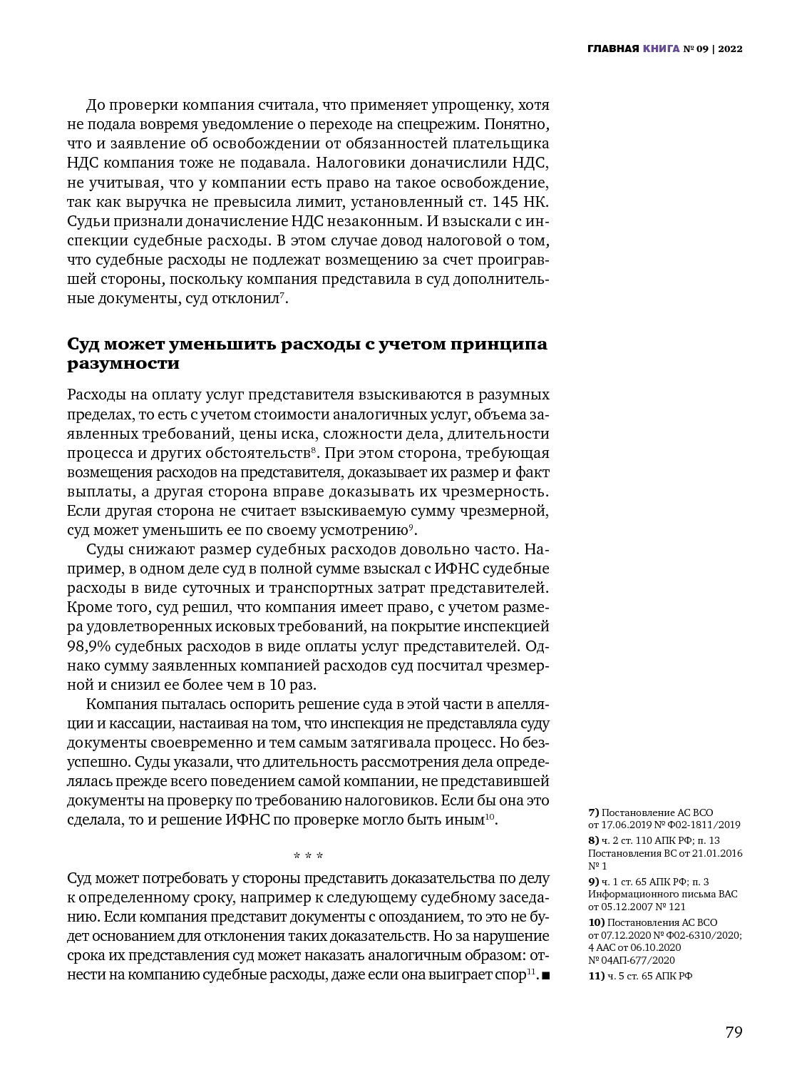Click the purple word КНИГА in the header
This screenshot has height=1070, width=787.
(x=661, y=49)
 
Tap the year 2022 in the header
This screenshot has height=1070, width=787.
(x=730, y=49)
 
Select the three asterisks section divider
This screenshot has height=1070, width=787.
(x=308, y=855)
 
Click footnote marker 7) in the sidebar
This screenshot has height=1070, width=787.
(x=594, y=812)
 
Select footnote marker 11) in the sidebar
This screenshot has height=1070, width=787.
(x=596, y=977)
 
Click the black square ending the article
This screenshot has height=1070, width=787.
(x=546, y=975)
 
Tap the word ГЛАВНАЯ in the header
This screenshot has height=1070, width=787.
(x=612, y=49)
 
